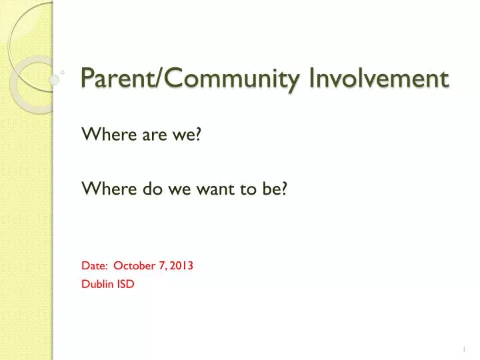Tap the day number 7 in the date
(x=163, y=265)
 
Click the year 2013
(x=181, y=265)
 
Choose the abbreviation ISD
(x=126, y=284)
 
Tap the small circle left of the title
(x=61, y=71)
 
